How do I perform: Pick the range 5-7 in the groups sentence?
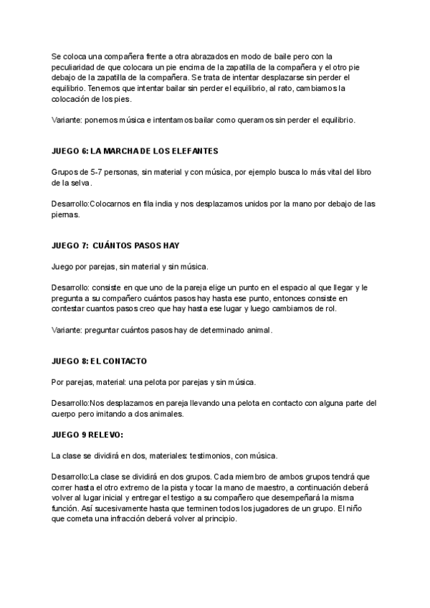coord(89,172)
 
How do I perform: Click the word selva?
coord(79,183)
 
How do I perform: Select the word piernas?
coord(66,214)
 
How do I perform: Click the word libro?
coord(358,172)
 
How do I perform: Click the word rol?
coord(329,309)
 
